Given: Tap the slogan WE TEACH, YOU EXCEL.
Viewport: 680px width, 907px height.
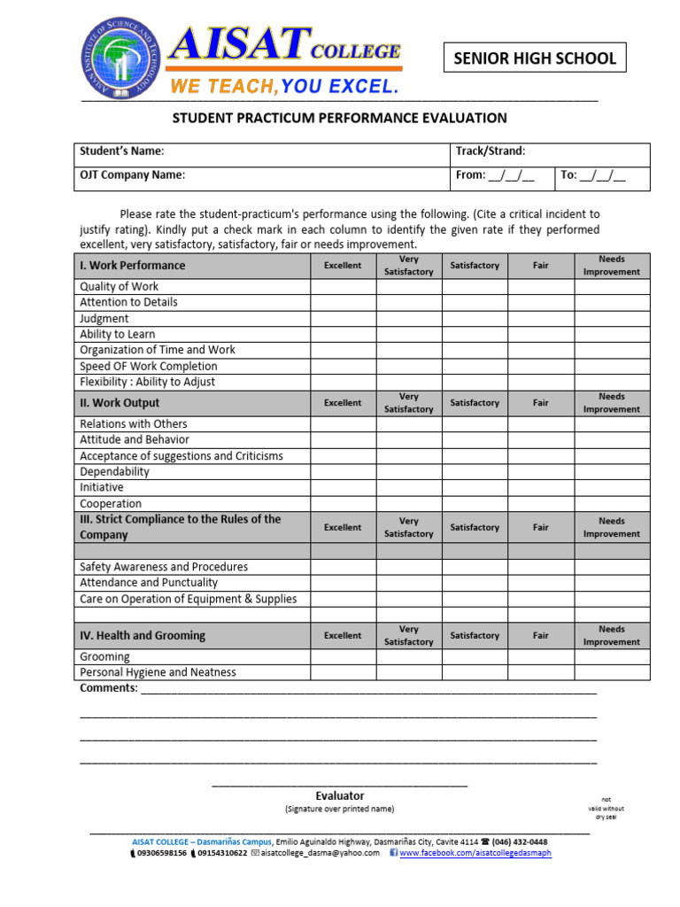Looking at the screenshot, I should pyautogui.click(x=283, y=87).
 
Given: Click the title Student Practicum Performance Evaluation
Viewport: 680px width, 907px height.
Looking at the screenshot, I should pyautogui.click(x=339, y=118).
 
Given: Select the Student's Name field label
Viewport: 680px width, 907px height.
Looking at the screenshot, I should pyautogui.click(x=122, y=151).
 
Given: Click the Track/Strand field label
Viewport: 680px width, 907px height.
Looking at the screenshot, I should pyautogui.click(x=491, y=151).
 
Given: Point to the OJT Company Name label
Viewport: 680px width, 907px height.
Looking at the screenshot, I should pyautogui.click(x=133, y=175).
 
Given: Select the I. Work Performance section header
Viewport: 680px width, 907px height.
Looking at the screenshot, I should pyautogui.click(x=133, y=266).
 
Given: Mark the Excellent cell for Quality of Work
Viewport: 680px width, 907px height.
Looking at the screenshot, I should pyautogui.click(x=343, y=287).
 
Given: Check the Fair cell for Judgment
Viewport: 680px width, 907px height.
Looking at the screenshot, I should pyautogui.click(x=540, y=319).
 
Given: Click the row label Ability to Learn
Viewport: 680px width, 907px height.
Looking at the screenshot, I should pyautogui.click(x=118, y=335).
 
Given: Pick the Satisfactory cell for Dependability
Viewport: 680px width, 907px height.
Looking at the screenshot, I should pyautogui.click(x=475, y=472).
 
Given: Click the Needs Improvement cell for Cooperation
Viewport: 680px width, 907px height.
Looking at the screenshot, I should pyautogui.click(x=612, y=504).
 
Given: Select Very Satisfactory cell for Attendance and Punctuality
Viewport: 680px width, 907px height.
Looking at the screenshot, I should pyautogui.click(x=409, y=583).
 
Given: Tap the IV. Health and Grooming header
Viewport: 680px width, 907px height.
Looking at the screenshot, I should pyautogui.click(x=143, y=636).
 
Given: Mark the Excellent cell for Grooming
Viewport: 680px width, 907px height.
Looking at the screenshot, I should pyautogui.click(x=343, y=657).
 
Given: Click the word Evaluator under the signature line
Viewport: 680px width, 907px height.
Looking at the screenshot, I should pyautogui.click(x=340, y=796).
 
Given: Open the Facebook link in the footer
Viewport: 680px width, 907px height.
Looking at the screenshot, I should pyautogui.click(x=475, y=853).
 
